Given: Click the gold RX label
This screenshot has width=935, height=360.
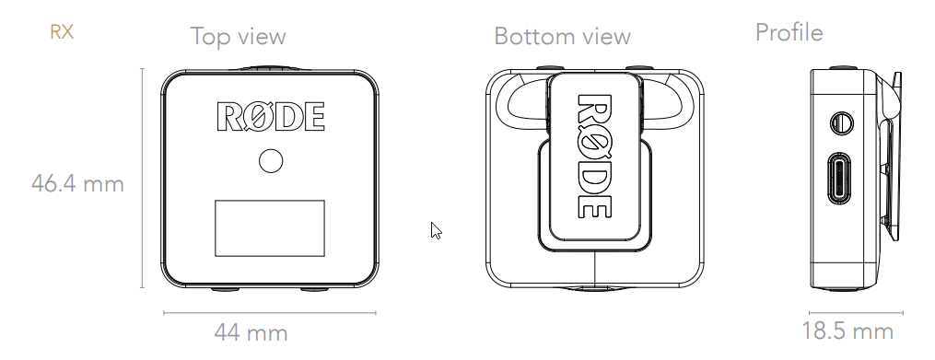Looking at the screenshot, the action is click(x=62, y=31).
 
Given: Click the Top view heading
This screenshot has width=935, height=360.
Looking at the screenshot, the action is click(x=238, y=37).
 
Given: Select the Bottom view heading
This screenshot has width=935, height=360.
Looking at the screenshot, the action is click(x=562, y=36).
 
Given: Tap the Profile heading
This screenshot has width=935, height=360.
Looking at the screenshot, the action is click(x=789, y=32).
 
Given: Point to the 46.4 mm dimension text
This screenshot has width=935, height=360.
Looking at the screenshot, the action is click(x=77, y=183).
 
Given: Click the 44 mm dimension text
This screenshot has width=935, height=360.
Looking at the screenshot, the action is click(x=251, y=332).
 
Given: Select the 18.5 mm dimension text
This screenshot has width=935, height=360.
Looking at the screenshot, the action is click(x=847, y=331).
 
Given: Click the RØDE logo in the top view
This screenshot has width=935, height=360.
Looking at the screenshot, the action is click(x=271, y=116).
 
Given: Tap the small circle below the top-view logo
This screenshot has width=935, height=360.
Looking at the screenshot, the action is click(x=271, y=161).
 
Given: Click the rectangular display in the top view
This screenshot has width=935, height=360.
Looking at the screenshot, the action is click(x=270, y=228).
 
